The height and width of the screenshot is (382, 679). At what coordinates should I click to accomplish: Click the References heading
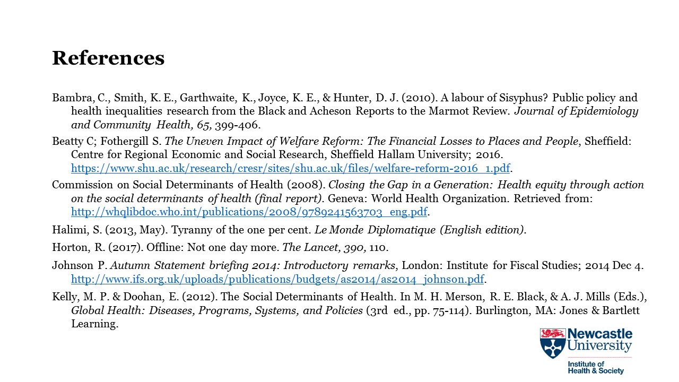(x=108, y=58)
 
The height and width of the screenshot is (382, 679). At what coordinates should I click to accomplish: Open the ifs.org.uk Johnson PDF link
(x=278, y=280)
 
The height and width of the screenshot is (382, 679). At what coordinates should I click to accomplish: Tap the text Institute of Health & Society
(x=595, y=368)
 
